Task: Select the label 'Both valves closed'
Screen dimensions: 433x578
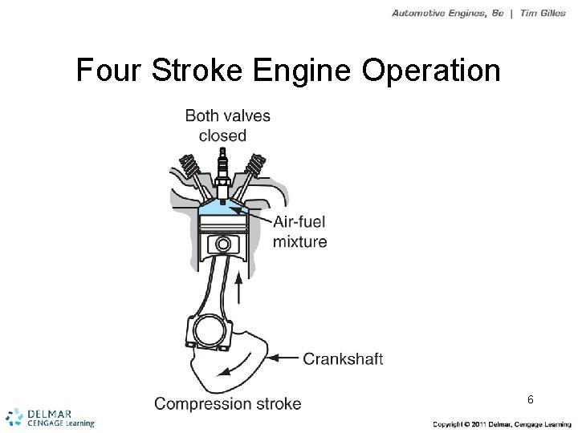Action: coord(227,125)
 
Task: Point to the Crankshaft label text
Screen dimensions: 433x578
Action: coord(343,359)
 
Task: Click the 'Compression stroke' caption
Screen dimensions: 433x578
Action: coord(228,403)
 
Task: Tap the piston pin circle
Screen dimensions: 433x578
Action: coord(224,244)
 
